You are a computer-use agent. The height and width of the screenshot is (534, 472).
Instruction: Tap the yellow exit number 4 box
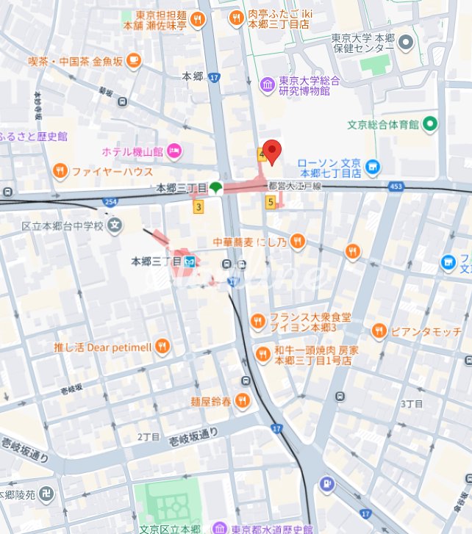(261, 154)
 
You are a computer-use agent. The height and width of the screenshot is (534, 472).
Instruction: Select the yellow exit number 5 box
(271, 202)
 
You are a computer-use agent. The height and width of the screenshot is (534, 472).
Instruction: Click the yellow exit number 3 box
(198, 207)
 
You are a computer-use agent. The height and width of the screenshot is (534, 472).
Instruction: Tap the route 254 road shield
(110, 201)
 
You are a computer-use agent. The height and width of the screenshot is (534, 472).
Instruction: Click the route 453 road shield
(396, 186)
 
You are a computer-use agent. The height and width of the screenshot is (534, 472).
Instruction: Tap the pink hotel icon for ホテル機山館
(174, 151)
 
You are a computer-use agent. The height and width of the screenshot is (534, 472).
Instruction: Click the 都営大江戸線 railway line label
(296, 187)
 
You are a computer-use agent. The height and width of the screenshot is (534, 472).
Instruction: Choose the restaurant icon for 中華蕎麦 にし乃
(297, 240)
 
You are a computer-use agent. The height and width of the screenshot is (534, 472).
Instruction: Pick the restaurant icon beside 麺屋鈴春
(242, 401)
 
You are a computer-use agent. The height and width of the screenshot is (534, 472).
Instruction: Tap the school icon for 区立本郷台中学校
(114, 225)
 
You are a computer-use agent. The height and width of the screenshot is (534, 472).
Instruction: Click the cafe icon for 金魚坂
(133, 62)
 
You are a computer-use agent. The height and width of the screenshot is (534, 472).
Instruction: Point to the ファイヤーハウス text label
(112, 172)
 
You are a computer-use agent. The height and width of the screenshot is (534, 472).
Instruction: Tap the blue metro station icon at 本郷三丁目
(189, 260)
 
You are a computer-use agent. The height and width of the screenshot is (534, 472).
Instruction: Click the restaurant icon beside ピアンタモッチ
(379, 331)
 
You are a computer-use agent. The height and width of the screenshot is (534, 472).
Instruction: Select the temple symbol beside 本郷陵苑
(47, 494)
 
